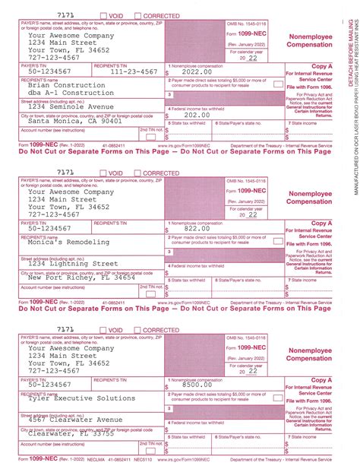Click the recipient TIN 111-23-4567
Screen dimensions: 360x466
132,71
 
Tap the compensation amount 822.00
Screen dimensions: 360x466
195,228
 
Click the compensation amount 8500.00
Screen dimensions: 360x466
195,385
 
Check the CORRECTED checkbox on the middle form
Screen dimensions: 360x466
137,173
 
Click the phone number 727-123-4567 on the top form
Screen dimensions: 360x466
55,56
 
